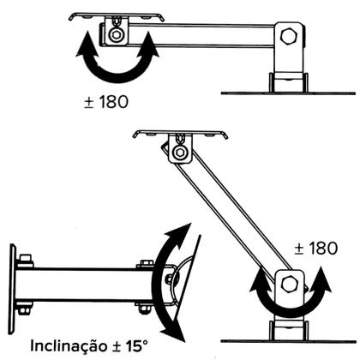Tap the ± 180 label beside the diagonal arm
coord(317,248)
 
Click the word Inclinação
coord(70,346)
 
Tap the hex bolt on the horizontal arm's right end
coord(291,39)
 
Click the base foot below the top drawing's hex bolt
coord(289,81)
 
